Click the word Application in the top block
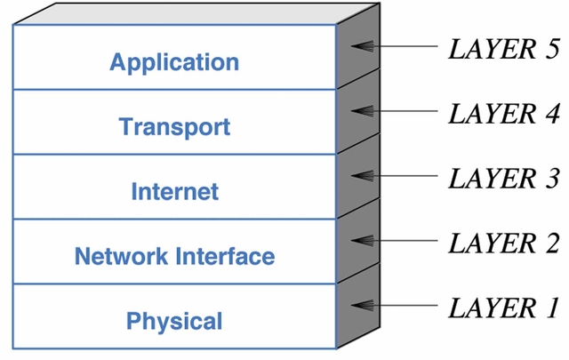pos(174,62)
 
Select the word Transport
pos(174,127)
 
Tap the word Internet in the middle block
pos(174,191)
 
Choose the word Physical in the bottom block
pos(174,321)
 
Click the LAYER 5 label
pos(503,48)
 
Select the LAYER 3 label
pos(503,177)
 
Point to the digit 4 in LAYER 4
pos(551,113)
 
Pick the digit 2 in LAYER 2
pos(551,243)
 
